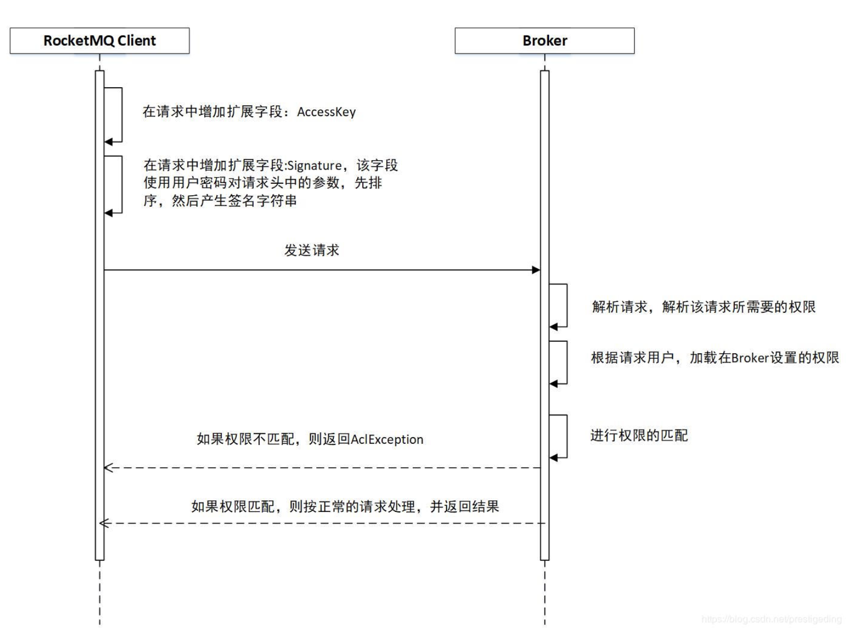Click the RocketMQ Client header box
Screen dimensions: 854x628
100,40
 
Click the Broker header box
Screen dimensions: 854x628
545,40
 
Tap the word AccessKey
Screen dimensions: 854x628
326,112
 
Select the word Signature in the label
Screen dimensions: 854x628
315,166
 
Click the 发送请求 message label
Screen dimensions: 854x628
312,250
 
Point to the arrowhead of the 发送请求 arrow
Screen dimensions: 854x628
536,270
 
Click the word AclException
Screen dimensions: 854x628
387,439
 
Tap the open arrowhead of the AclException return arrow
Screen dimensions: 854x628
108,468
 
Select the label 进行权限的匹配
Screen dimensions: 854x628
639,436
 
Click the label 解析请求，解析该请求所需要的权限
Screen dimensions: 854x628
704,307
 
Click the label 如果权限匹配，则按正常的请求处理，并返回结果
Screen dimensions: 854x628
345,506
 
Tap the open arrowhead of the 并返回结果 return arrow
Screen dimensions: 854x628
104,523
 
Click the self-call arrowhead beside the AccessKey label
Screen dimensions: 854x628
108,142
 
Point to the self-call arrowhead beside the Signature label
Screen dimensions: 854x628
108,213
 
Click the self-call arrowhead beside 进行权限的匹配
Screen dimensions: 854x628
553,458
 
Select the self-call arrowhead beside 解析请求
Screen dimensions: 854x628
553,327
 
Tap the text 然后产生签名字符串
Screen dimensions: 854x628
234,201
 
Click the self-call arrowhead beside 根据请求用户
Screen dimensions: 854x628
553,384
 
